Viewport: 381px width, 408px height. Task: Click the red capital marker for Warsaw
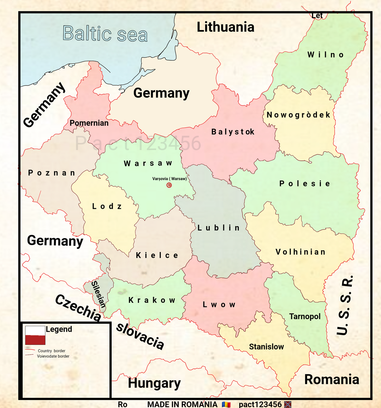(x=169, y=185)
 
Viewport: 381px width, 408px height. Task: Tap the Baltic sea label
(x=105, y=33)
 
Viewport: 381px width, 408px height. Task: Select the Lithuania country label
(x=225, y=27)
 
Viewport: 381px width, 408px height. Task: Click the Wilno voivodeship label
(x=326, y=55)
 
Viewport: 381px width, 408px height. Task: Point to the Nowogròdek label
(x=299, y=115)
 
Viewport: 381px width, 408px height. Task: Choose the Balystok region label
(x=233, y=132)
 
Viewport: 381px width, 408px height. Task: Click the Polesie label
(x=305, y=184)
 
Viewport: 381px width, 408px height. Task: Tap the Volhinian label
(x=300, y=252)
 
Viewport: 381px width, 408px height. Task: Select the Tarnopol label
(x=305, y=316)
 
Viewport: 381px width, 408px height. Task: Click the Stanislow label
(x=266, y=347)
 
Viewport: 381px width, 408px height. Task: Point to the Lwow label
(x=219, y=305)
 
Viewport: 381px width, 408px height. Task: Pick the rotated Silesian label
(x=99, y=294)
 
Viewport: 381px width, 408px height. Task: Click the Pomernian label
(x=89, y=123)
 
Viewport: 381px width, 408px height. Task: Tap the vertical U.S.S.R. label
(x=345, y=305)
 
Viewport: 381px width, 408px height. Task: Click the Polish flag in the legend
(x=35, y=335)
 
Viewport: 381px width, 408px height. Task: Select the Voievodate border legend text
(x=53, y=356)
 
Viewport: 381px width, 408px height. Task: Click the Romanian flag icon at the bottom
(x=226, y=404)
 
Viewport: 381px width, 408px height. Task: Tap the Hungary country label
(x=154, y=383)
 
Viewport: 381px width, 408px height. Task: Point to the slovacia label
(x=140, y=336)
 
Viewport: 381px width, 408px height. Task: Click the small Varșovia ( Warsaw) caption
(x=169, y=179)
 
